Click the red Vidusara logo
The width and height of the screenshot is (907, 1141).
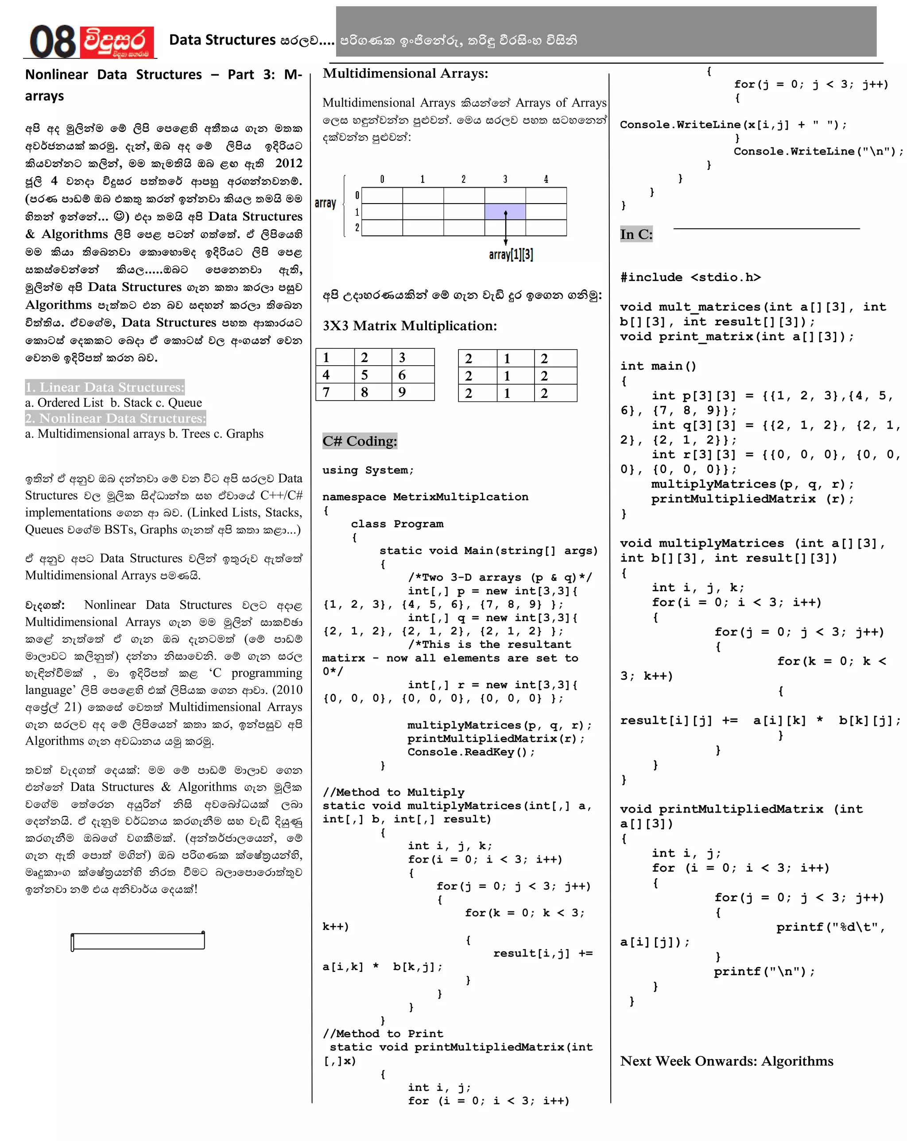(116, 42)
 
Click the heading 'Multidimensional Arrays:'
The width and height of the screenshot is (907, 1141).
(405, 73)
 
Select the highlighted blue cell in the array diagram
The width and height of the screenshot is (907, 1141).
(504, 211)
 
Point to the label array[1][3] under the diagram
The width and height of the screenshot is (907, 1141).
(511, 254)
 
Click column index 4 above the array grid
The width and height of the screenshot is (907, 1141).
(545, 179)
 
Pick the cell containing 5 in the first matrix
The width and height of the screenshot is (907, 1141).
(372, 375)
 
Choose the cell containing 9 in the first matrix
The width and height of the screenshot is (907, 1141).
(412, 392)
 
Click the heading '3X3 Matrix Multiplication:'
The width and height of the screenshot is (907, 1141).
(409, 325)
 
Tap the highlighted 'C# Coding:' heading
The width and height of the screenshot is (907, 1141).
(360, 441)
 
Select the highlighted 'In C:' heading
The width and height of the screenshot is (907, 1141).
(636, 234)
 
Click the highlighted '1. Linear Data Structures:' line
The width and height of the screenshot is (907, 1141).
(105, 387)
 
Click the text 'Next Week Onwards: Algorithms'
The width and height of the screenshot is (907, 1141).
(726, 1060)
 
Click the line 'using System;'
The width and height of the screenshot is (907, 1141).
(368, 470)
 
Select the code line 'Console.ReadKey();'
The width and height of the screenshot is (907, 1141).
(471, 752)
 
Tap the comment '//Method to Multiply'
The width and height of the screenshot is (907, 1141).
(393, 792)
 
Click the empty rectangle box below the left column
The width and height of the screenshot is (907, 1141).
(138, 941)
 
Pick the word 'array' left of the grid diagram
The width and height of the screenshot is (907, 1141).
(325, 203)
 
